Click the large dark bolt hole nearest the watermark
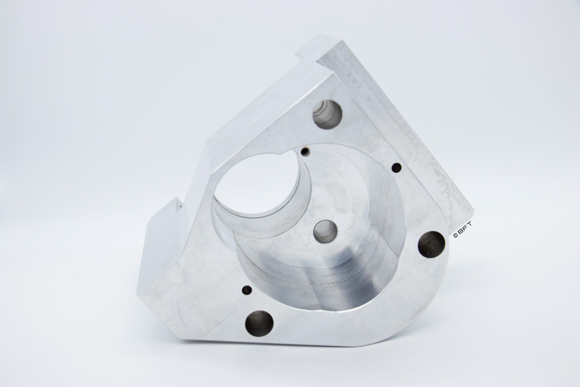pyautogui.click(x=431, y=245)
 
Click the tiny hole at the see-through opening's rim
pyautogui.click(x=305, y=151)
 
